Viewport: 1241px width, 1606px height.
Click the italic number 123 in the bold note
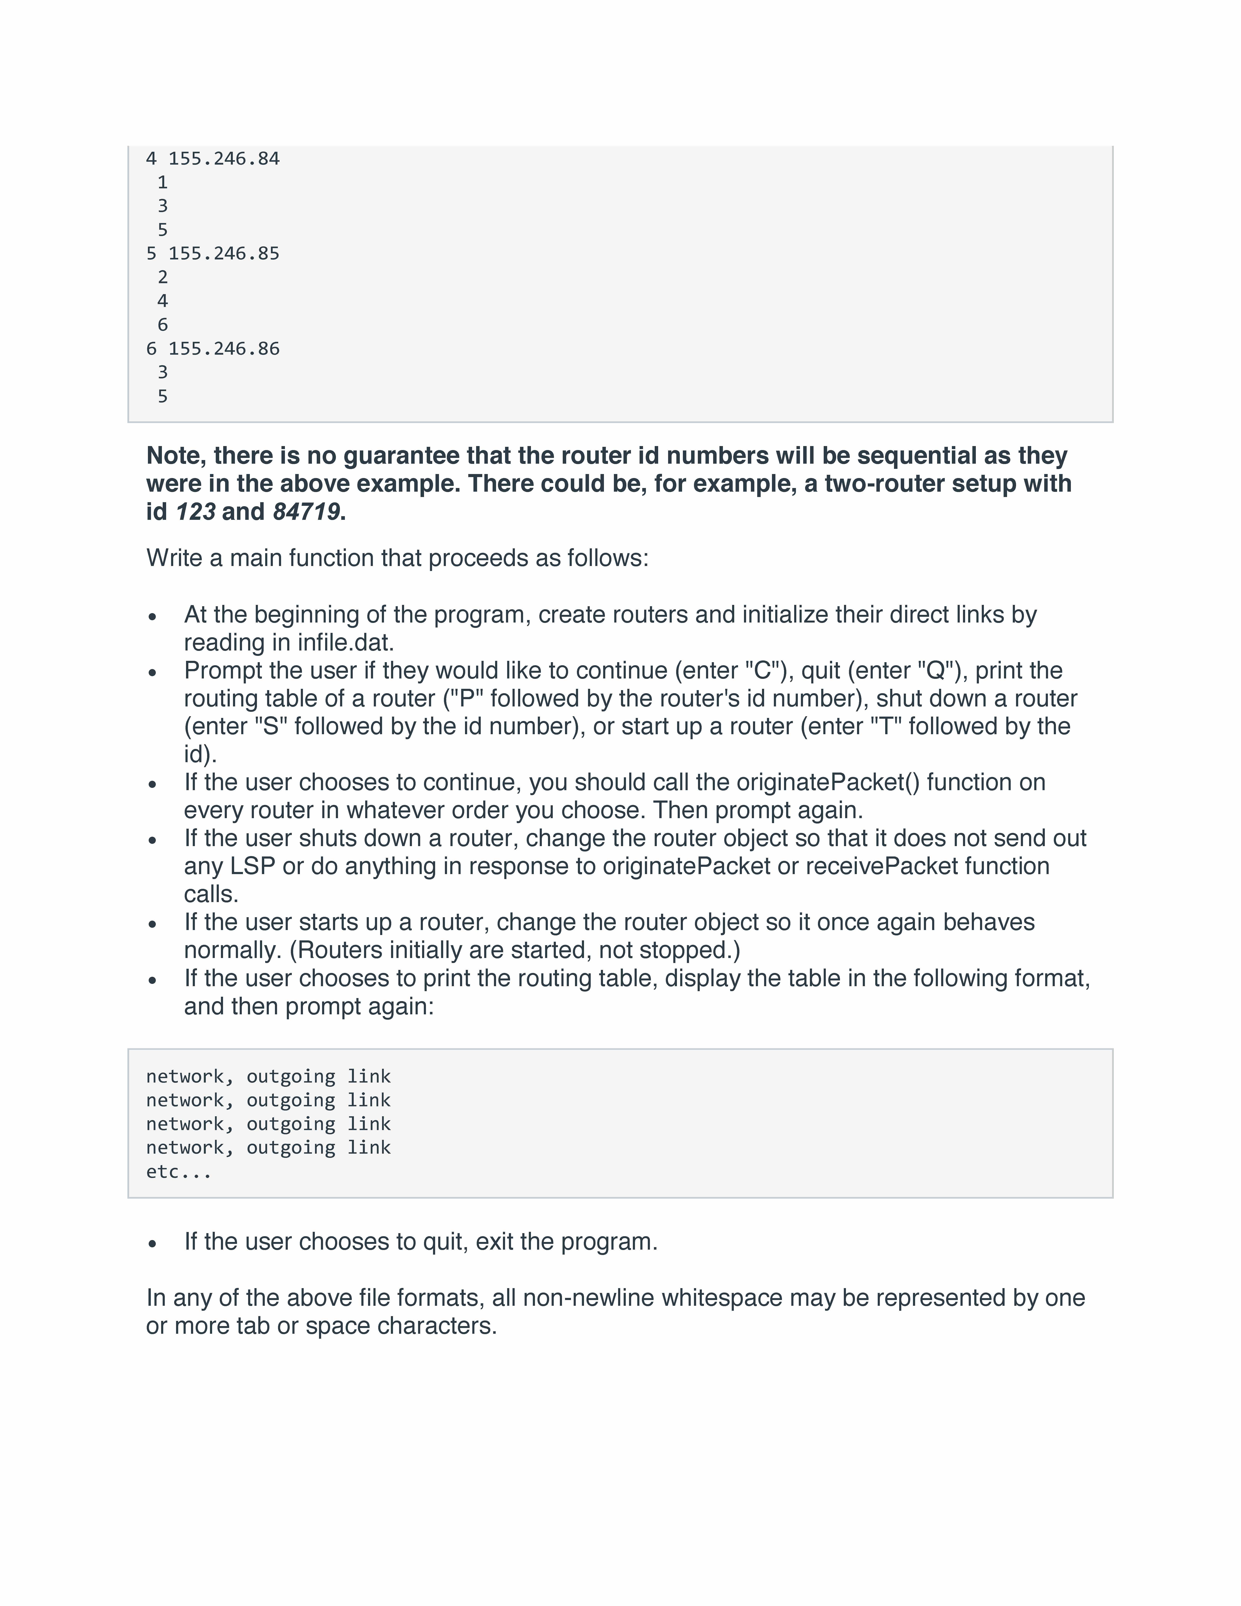(196, 512)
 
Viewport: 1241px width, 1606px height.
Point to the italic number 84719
(306, 512)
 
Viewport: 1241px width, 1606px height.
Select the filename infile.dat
(345, 643)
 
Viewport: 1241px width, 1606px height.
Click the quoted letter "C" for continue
(762, 671)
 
